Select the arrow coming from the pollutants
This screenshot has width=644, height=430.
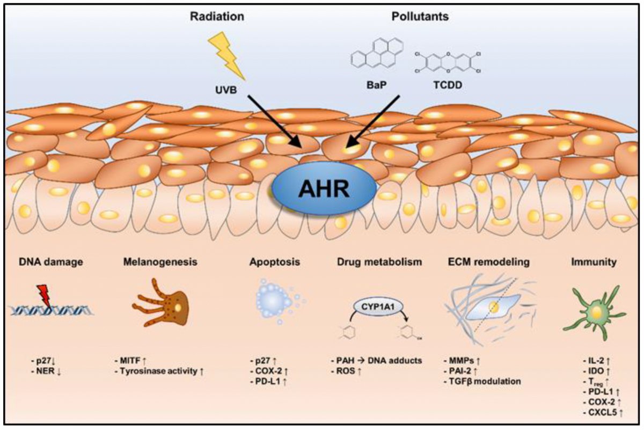(x=372, y=123)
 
